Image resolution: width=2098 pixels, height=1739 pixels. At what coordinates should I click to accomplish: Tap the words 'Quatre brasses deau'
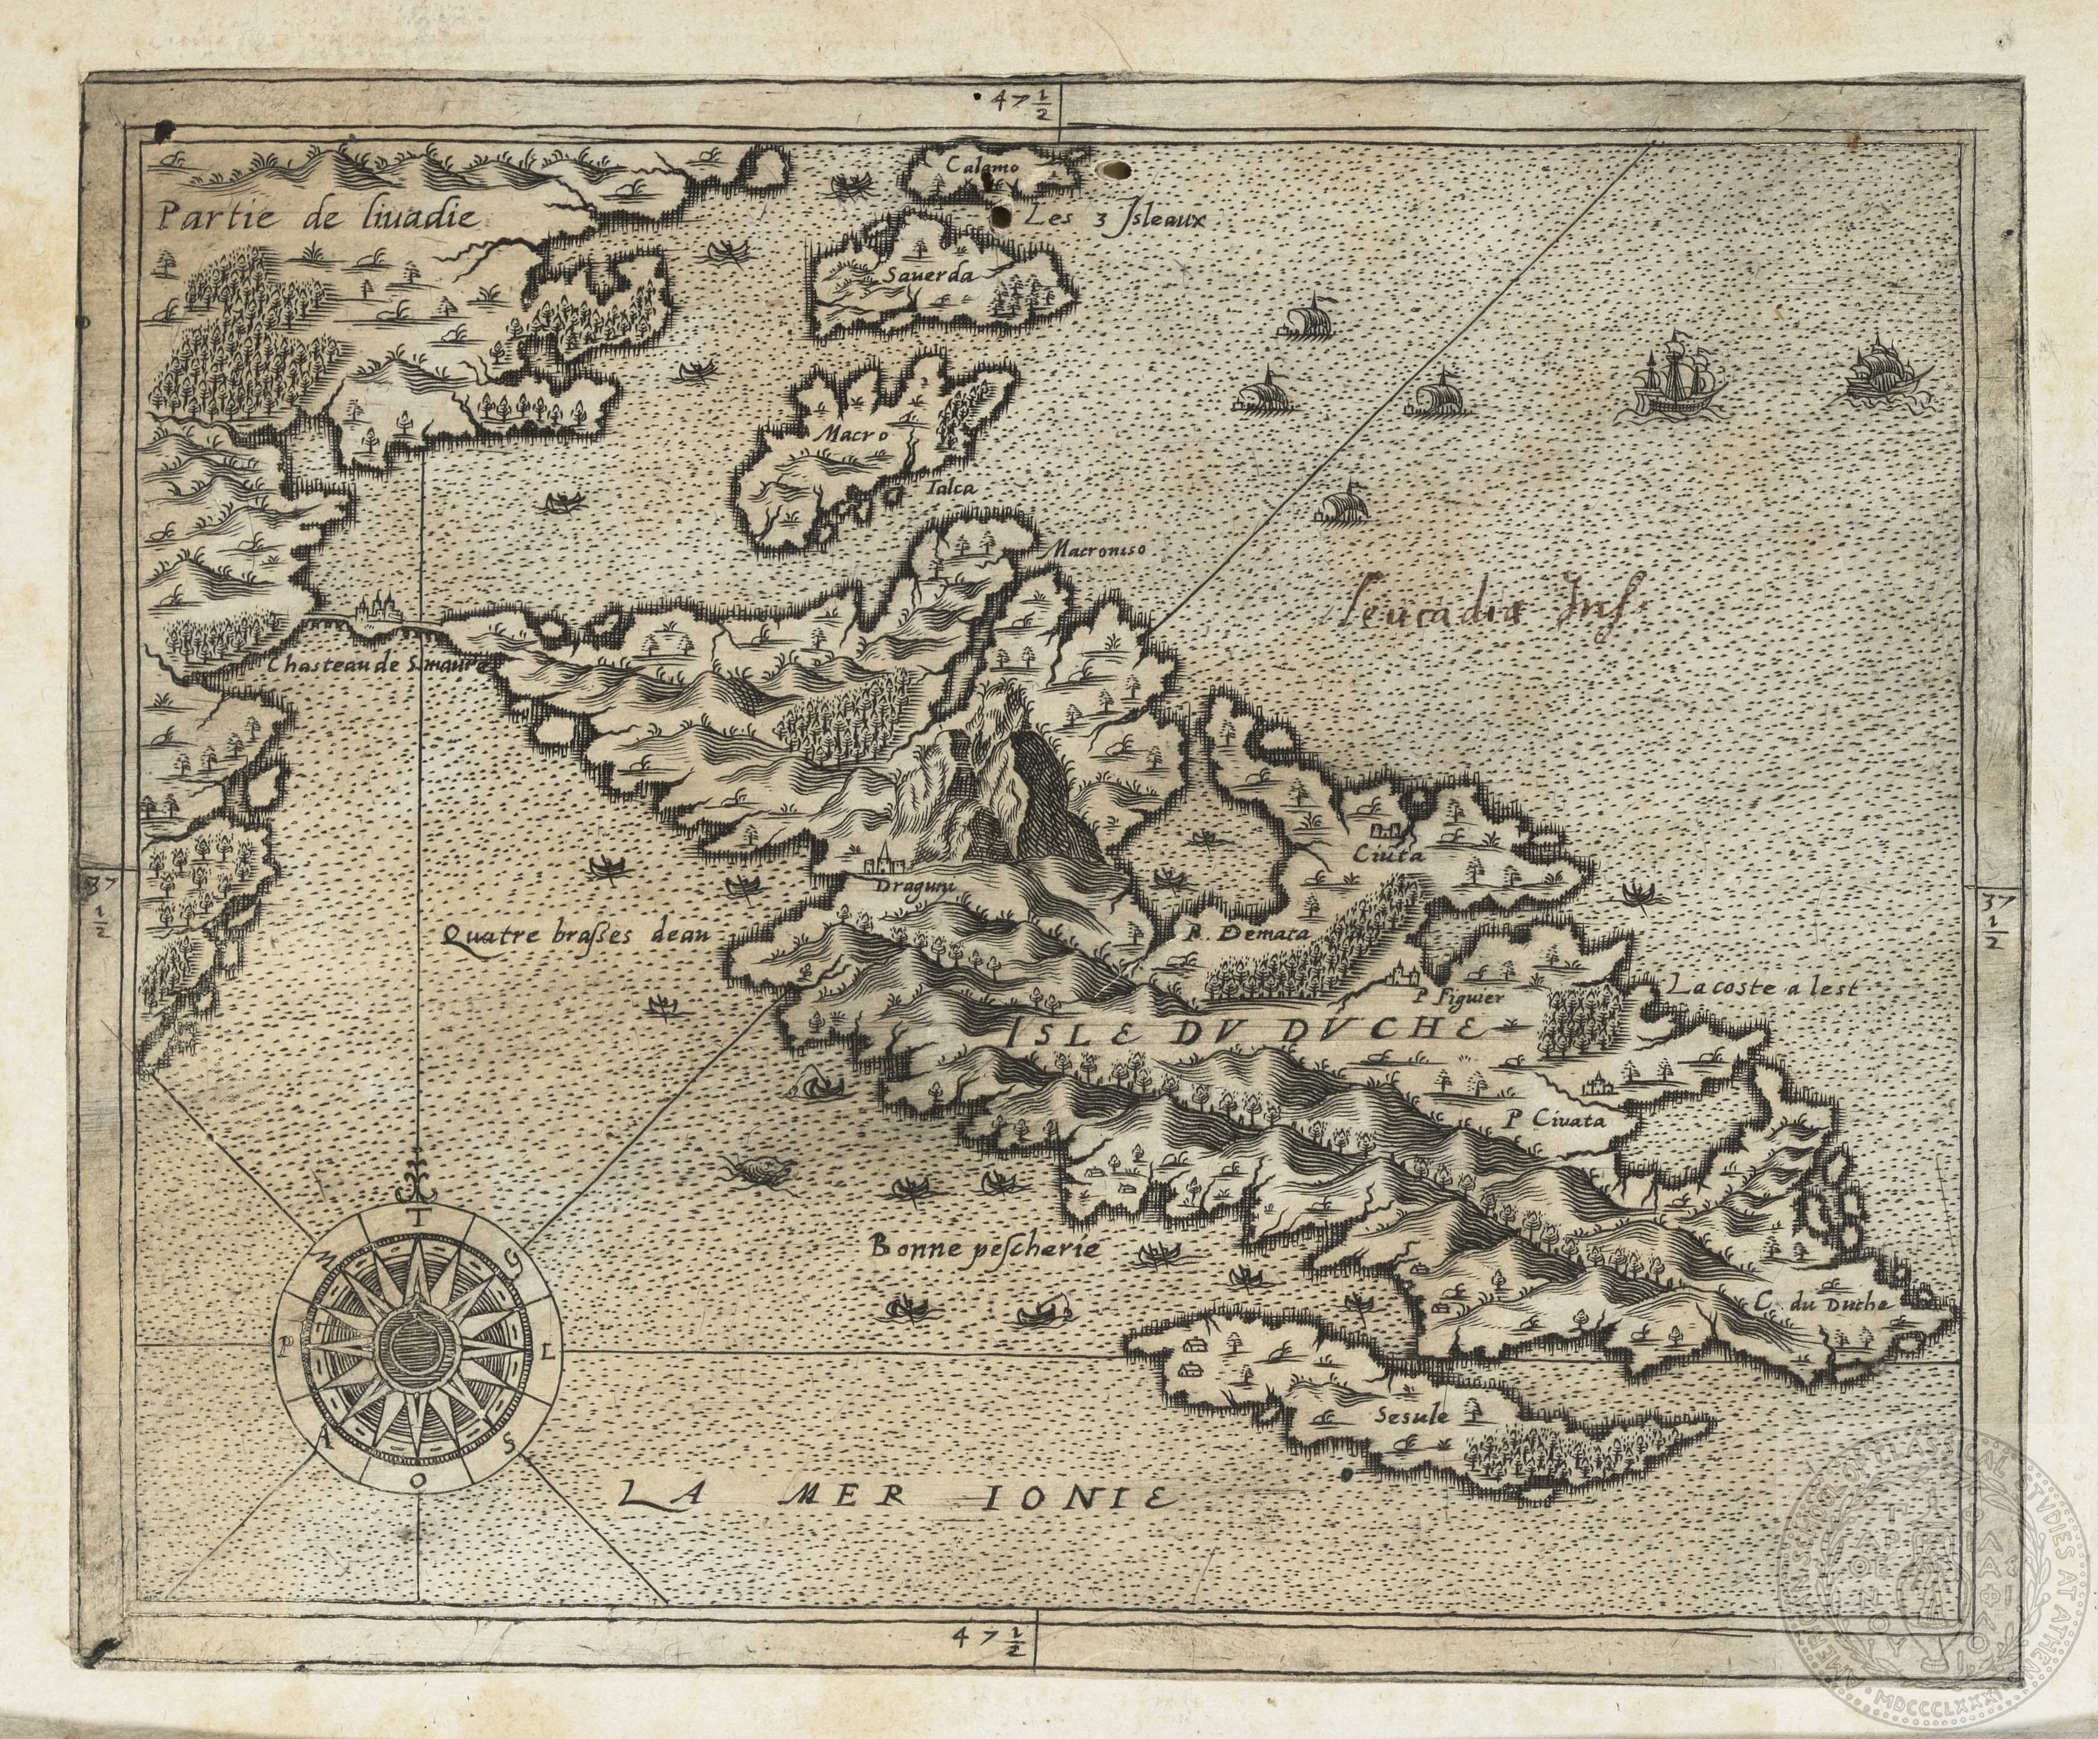point(572,934)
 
